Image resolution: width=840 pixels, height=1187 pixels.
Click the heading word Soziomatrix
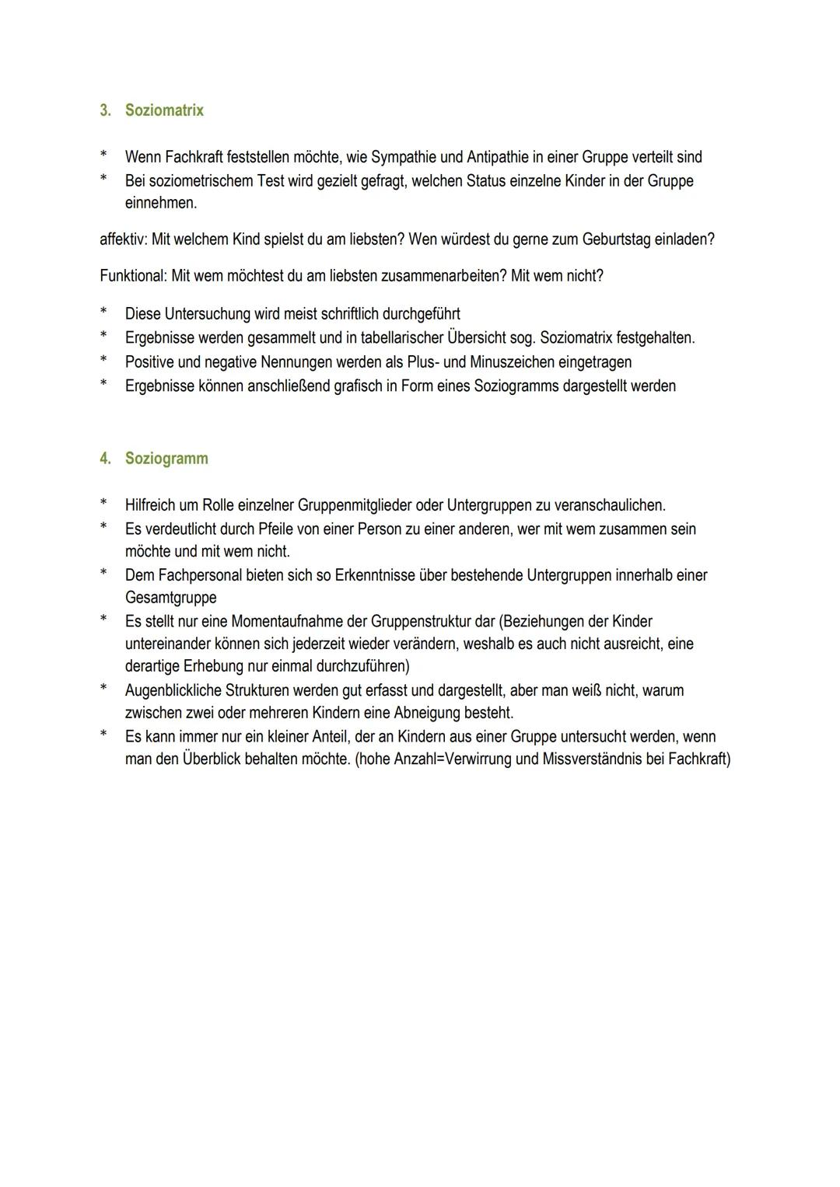click(164, 110)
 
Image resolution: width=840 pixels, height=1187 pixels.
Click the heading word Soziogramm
click(166, 459)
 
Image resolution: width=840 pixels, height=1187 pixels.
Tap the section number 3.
click(105, 110)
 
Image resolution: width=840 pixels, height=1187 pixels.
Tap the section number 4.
click(105, 459)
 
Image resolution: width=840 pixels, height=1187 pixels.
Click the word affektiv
click(123, 239)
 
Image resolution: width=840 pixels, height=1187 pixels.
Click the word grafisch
click(358, 386)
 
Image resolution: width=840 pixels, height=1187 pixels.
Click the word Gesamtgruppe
click(170, 599)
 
